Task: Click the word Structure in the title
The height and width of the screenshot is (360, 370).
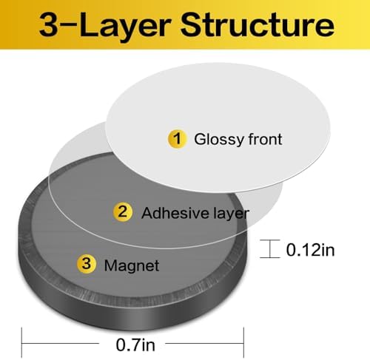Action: [x=258, y=24]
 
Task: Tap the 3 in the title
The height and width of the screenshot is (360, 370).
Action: [x=49, y=25]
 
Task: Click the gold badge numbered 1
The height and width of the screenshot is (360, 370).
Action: [x=177, y=139]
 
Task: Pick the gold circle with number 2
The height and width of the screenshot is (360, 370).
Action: [x=123, y=212]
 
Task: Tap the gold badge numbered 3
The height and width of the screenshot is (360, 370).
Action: [x=86, y=264]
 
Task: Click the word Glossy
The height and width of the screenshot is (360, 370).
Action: [x=219, y=140]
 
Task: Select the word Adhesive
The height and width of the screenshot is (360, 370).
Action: [x=175, y=213]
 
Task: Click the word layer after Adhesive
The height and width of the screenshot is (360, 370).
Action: [x=232, y=214]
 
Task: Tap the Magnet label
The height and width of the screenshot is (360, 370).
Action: [x=132, y=266]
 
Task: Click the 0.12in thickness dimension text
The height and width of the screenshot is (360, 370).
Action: [x=310, y=250]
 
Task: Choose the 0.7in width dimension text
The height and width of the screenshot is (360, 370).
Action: [x=135, y=344]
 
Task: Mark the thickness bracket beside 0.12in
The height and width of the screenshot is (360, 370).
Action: [x=270, y=248]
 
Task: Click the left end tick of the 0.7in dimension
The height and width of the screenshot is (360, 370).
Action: [x=21, y=342]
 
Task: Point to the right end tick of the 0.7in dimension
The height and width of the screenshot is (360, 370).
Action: [x=243, y=342]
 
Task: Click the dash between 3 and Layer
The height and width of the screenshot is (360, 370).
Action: [x=69, y=25]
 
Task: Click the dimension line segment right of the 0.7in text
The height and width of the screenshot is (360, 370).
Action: [x=204, y=343]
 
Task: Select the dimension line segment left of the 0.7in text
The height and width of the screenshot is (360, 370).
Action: [x=61, y=343]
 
